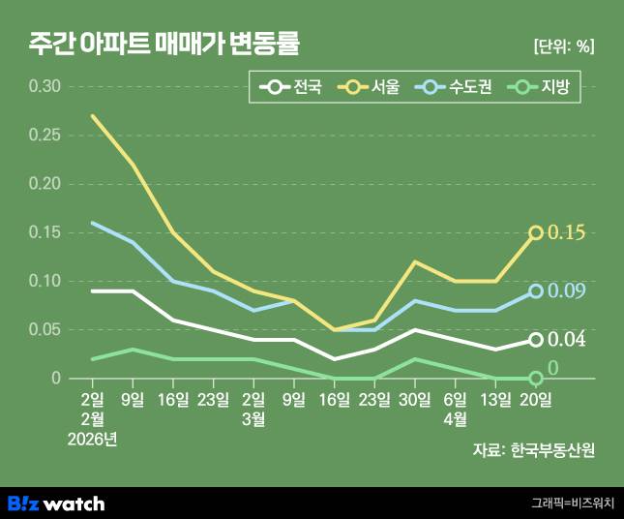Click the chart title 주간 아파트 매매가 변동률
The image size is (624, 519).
163,45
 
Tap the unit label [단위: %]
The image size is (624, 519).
564,46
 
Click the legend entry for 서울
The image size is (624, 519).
370,87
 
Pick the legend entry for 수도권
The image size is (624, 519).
455,87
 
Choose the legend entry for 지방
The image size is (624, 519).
541,87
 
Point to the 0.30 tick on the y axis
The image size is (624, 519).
45,87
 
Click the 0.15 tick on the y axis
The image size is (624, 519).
45,232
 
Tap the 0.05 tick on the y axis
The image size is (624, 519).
45,329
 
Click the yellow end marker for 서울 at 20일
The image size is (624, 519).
536,232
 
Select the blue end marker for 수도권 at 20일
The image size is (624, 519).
536,291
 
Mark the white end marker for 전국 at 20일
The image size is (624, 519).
536,340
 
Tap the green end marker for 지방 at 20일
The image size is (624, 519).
536,379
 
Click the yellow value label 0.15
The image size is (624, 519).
566,232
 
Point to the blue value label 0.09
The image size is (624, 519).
567,291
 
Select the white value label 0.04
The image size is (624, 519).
567,340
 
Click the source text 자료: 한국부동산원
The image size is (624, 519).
534,449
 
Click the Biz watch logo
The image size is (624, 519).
56,504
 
